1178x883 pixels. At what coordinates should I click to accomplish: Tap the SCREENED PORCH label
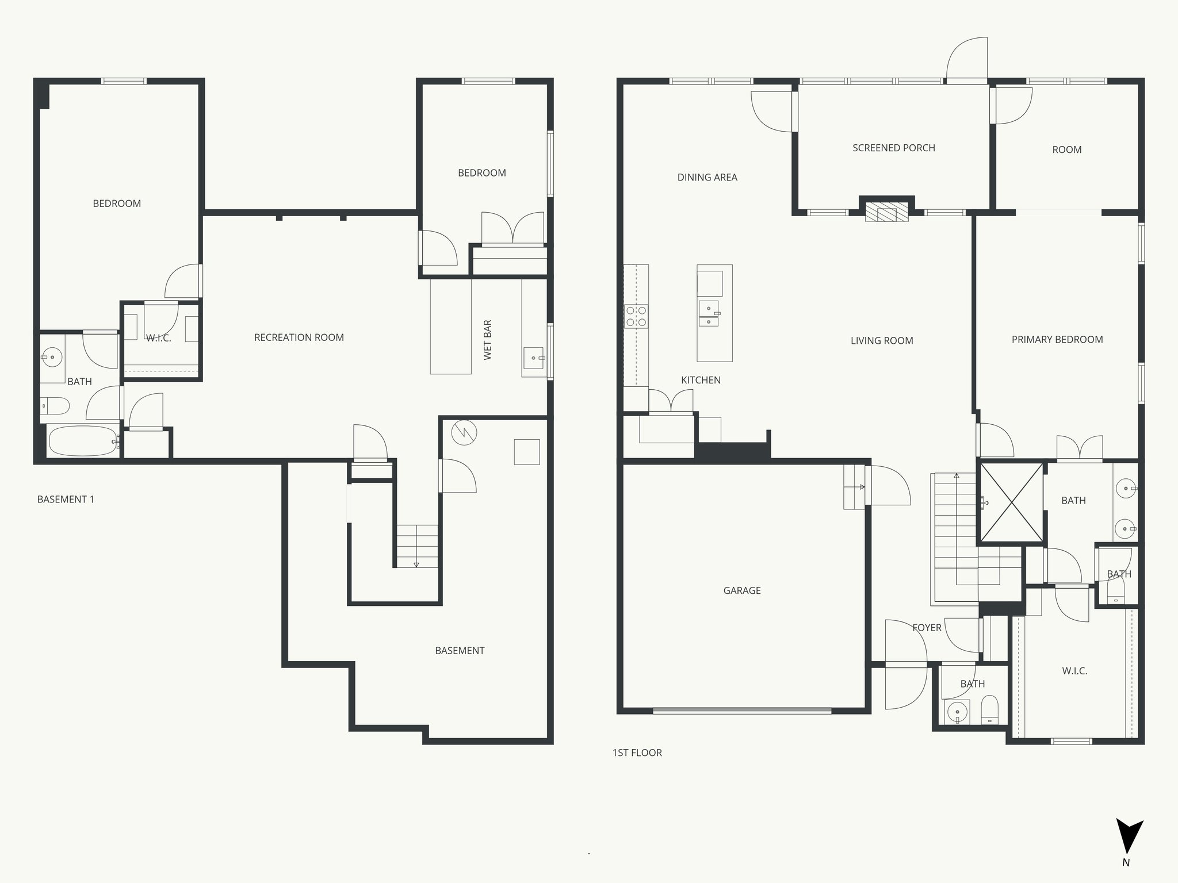click(893, 148)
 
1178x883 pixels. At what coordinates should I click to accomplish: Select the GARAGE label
click(741, 590)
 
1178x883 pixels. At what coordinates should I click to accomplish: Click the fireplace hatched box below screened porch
click(887, 211)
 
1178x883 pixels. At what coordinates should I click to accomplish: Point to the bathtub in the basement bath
click(82, 441)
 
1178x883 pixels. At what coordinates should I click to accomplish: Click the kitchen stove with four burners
click(636, 317)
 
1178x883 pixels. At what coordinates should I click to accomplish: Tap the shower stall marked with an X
click(1011, 503)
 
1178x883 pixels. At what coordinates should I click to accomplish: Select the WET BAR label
click(488, 340)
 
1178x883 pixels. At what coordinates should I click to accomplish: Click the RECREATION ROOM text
click(299, 337)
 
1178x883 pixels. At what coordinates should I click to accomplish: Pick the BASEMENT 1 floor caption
click(66, 499)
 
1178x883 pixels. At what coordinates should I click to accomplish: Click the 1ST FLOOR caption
click(637, 753)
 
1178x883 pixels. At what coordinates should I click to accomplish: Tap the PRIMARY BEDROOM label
click(1057, 339)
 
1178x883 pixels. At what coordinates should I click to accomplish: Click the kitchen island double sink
click(709, 314)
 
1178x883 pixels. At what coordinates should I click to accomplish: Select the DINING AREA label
click(707, 177)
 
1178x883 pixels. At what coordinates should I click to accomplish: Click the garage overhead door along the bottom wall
click(741, 711)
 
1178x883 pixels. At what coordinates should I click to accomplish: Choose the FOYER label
click(927, 627)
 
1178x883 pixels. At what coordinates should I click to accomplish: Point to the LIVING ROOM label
click(882, 340)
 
